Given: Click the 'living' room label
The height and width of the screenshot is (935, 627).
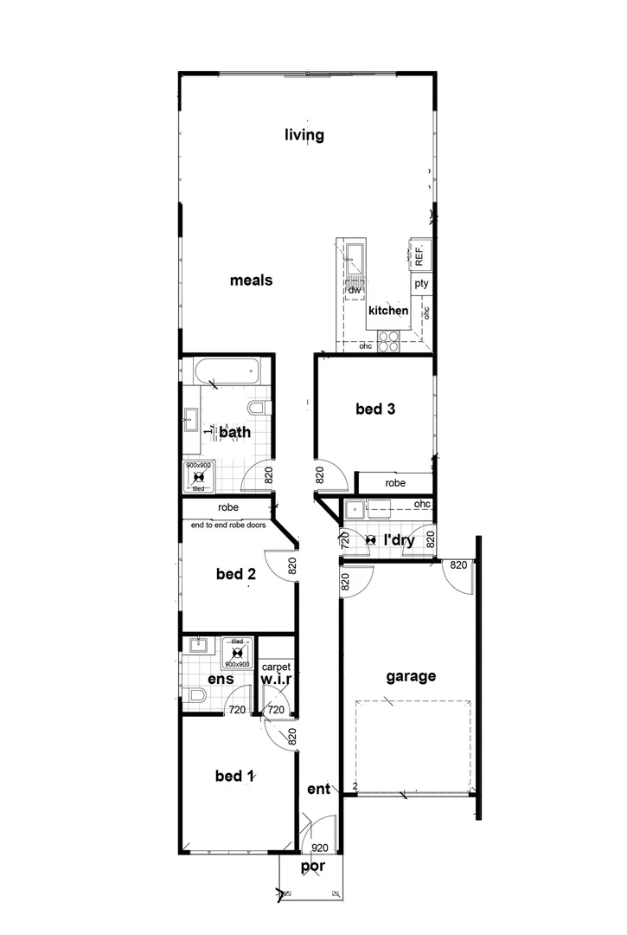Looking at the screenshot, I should (x=304, y=135).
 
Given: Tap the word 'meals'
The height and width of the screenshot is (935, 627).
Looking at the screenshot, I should (x=252, y=280).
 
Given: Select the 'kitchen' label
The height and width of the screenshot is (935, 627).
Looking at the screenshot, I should (x=388, y=311).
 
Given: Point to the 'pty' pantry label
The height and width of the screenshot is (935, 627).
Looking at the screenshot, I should (x=421, y=283).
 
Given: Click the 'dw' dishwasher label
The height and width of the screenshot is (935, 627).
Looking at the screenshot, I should (x=354, y=290).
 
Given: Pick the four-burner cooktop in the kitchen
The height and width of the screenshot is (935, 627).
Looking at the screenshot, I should (x=388, y=341).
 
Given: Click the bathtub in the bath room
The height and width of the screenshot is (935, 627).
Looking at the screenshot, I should (x=227, y=373).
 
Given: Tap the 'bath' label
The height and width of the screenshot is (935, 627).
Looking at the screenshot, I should (x=234, y=431).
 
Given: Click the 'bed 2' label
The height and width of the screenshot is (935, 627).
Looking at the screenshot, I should (x=235, y=573).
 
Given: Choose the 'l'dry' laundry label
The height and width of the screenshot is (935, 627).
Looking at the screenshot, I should (x=398, y=540).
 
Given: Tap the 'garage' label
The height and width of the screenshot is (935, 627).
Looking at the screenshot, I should (x=411, y=677).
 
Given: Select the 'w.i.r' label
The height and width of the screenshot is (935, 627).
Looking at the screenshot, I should (x=276, y=680).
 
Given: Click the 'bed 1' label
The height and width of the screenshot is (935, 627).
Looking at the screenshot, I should (x=234, y=776).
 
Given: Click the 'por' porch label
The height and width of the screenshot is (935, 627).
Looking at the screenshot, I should (x=312, y=867).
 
